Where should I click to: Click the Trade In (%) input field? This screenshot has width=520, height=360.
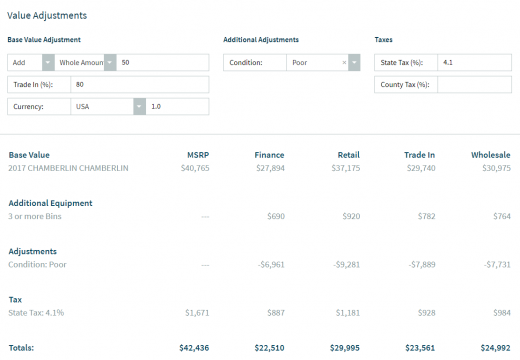140,84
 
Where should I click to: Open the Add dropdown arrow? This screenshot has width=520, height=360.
48,62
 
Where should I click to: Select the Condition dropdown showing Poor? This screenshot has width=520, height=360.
320,62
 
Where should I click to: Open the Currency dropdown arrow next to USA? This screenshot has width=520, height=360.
138,106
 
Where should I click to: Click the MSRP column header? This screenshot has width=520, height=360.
198,155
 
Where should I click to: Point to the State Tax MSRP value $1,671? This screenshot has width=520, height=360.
196,313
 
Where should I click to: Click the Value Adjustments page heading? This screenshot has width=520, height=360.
47,16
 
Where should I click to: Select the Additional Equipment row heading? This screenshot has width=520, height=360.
50,203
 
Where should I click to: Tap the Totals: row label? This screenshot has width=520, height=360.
22,348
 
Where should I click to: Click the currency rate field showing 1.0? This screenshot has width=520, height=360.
178,106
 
